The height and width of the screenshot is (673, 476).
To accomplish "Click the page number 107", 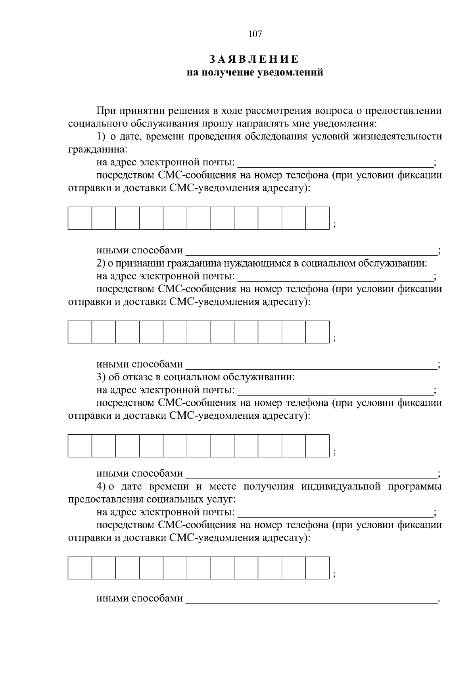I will [x=255, y=34].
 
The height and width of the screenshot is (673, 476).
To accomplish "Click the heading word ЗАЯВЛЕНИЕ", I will [x=254, y=59].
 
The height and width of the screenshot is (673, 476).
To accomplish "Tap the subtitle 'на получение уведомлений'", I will [x=255, y=73].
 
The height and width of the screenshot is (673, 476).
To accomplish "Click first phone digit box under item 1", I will [x=80, y=218].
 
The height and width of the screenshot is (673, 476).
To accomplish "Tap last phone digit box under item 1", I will [x=317, y=218].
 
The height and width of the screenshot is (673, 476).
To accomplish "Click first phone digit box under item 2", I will [x=80, y=332].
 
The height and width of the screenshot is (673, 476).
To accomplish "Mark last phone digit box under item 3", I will [x=317, y=446].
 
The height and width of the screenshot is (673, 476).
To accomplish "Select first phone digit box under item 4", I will [x=80, y=568].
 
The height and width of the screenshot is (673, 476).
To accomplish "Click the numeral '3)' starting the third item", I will [x=101, y=377].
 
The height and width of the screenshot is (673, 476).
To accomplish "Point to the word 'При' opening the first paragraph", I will [x=106, y=111].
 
